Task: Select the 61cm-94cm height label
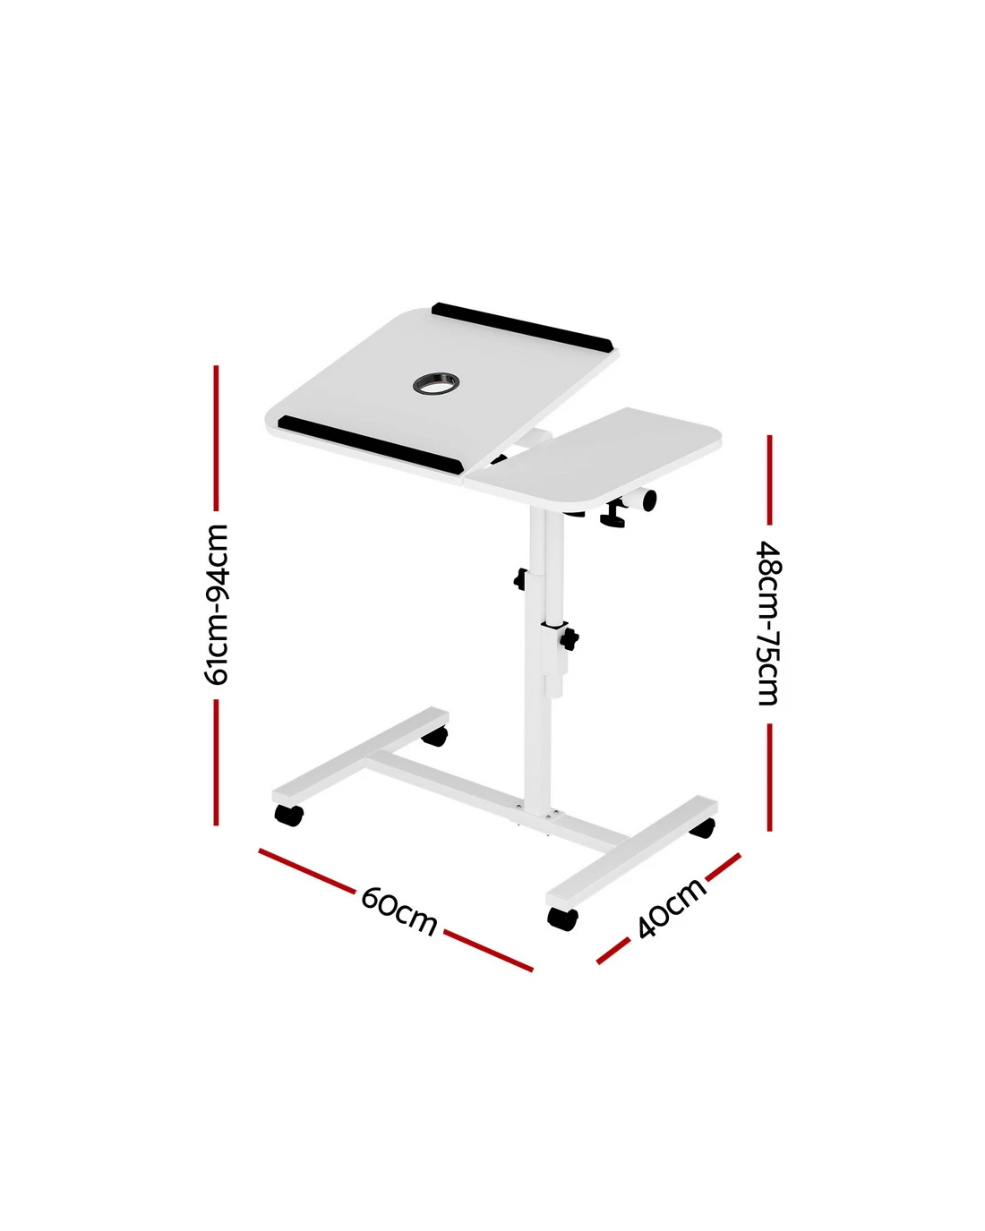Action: tap(217, 604)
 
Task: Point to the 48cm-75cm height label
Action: tap(769, 623)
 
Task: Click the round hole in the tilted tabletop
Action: tap(435, 382)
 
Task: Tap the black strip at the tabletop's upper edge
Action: tap(522, 327)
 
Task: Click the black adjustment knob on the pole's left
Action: tap(521, 579)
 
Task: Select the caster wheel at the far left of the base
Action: tap(288, 815)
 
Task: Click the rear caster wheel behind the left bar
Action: tap(434, 736)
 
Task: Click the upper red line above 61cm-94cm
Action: tap(217, 438)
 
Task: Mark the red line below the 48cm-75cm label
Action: tap(770, 777)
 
